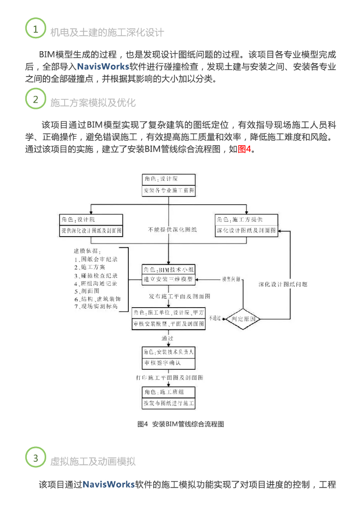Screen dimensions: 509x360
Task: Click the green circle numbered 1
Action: point(35,29)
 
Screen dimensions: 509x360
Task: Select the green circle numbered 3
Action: point(35,457)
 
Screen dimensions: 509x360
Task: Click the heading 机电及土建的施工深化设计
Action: point(107,33)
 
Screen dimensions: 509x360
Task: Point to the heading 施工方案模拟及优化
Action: point(92,102)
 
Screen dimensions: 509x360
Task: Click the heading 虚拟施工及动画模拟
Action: point(92,461)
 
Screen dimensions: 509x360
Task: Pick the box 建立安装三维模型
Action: point(168,279)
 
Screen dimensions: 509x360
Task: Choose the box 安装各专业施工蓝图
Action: point(169,190)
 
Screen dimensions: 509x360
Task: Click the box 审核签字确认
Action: point(169,362)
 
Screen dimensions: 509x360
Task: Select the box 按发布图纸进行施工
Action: point(169,403)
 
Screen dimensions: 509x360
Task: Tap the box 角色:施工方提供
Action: point(246,219)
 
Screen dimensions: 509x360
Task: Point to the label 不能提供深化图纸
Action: point(172,230)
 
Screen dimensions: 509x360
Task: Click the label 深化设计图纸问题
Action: point(283,284)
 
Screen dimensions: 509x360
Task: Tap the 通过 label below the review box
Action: point(167,338)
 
